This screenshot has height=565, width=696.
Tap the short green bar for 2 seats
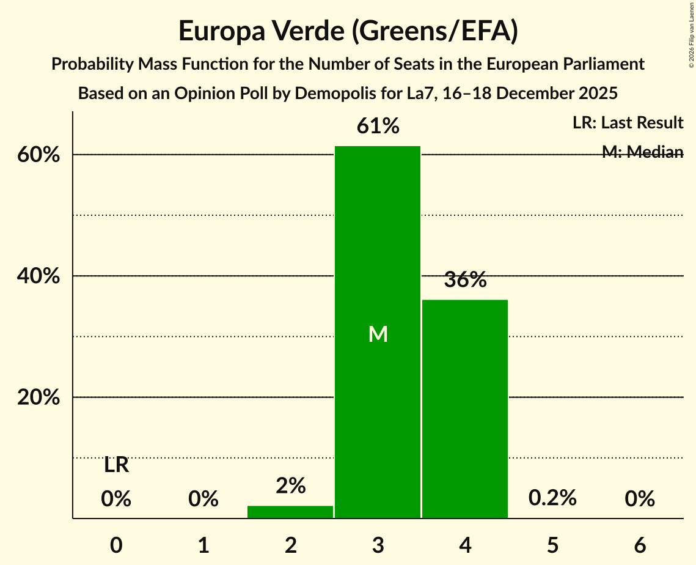pyautogui.click(x=290, y=512)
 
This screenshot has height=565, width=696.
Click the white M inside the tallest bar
pyautogui.click(x=378, y=334)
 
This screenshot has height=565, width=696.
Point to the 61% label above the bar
pyautogui.click(x=378, y=127)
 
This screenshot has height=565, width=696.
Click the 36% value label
pyautogui.click(x=465, y=280)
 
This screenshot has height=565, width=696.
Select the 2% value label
pyautogui.click(x=290, y=486)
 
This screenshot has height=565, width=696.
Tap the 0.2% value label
pyautogui.click(x=552, y=498)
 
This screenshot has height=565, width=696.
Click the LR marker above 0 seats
pyautogui.click(x=116, y=465)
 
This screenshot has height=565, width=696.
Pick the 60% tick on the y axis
pyautogui.click(x=38, y=155)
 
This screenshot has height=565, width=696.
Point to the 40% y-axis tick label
pyautogui.click(x=38, y=276)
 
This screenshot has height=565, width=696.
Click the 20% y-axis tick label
pyautogui.click(x=38, y=397)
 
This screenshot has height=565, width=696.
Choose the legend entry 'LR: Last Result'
pyautogui.click(x=628, y=123)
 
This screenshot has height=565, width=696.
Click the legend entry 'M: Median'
pyautogui.click(x=642, y=152)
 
